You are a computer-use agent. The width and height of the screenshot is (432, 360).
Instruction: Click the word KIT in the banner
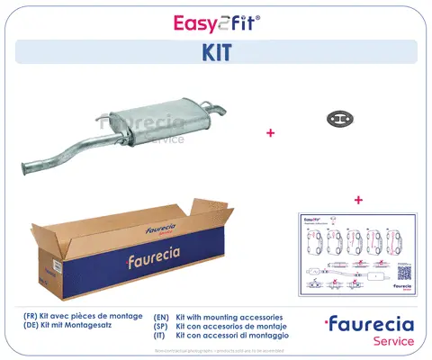pyautogui.click(x=216, y=52)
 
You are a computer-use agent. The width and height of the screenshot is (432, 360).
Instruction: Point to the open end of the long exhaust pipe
pyautogui.click(x=28, y=166)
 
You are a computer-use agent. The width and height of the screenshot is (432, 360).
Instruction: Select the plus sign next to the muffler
pyautogui.click(x=269, y=132)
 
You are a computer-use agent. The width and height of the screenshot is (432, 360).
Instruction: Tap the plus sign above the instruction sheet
pyautogui.click(x=358, y=199)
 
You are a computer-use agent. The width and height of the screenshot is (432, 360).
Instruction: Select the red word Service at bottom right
pyautogui.click(x=394, y=342)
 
